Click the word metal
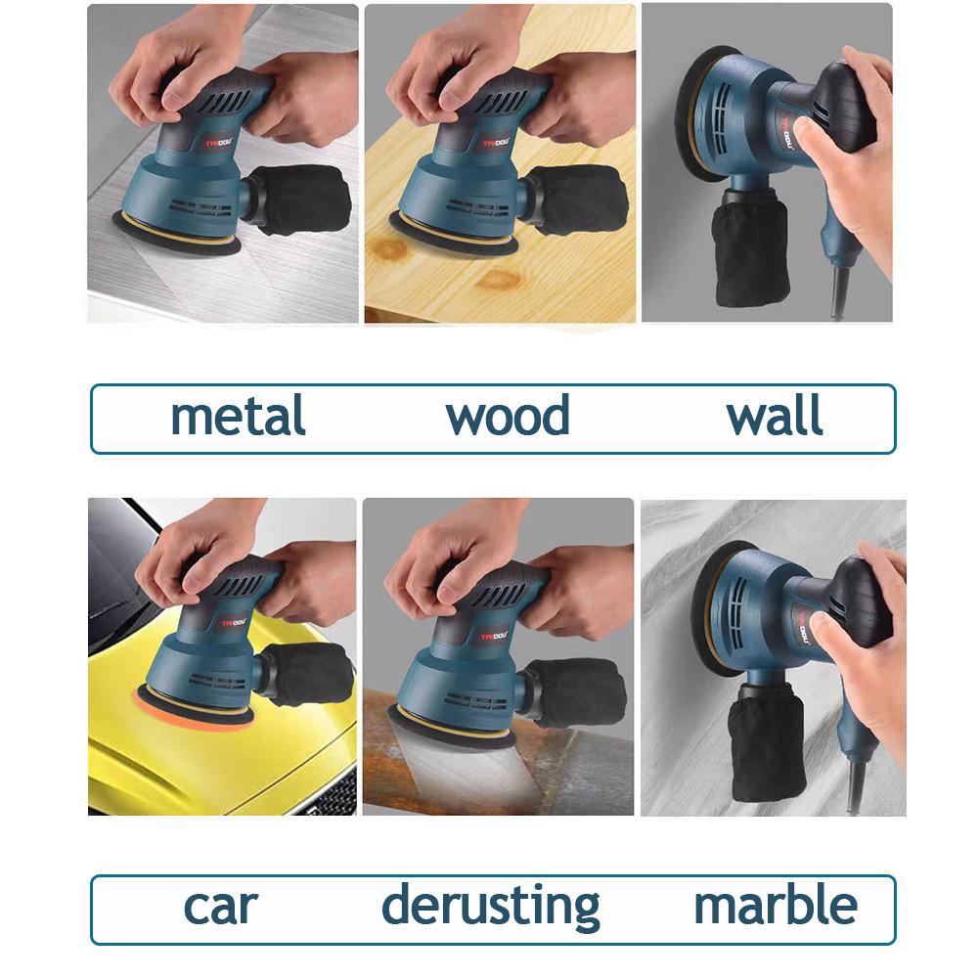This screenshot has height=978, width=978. click(x=238, y=418)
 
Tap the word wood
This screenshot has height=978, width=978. click(x=508, y=418)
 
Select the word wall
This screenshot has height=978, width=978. click(x=775, y=418)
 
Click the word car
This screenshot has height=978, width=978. click(x=220, y=905)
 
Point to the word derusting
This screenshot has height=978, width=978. click(x=491, y=905)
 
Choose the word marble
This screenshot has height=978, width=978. click(x=776, y=905)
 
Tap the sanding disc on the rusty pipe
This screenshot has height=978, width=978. click(x=450, y=730)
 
